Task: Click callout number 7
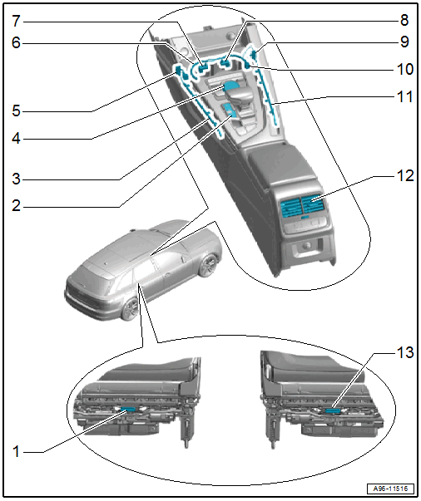click(17, 21)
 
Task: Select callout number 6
click(17, 42)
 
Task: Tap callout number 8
click(404, 20)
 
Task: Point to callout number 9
click(404, 42)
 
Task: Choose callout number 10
click(405, 69)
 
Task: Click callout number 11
click(405, 96)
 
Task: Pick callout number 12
click(405, 176)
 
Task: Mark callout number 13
click(405, 352)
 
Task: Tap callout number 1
click(16, 452)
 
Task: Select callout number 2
click(17, 205)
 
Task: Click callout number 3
click(17, 179)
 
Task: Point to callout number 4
click(17, 139)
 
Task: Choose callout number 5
click(17, 111)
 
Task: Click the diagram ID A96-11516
click(390, 489)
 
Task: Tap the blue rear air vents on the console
click(302, 206)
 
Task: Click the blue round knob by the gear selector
click(230, 86)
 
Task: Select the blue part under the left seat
click(128, 410)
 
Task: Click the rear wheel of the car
click(130, 308)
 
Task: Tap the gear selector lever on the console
click(237, 96)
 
